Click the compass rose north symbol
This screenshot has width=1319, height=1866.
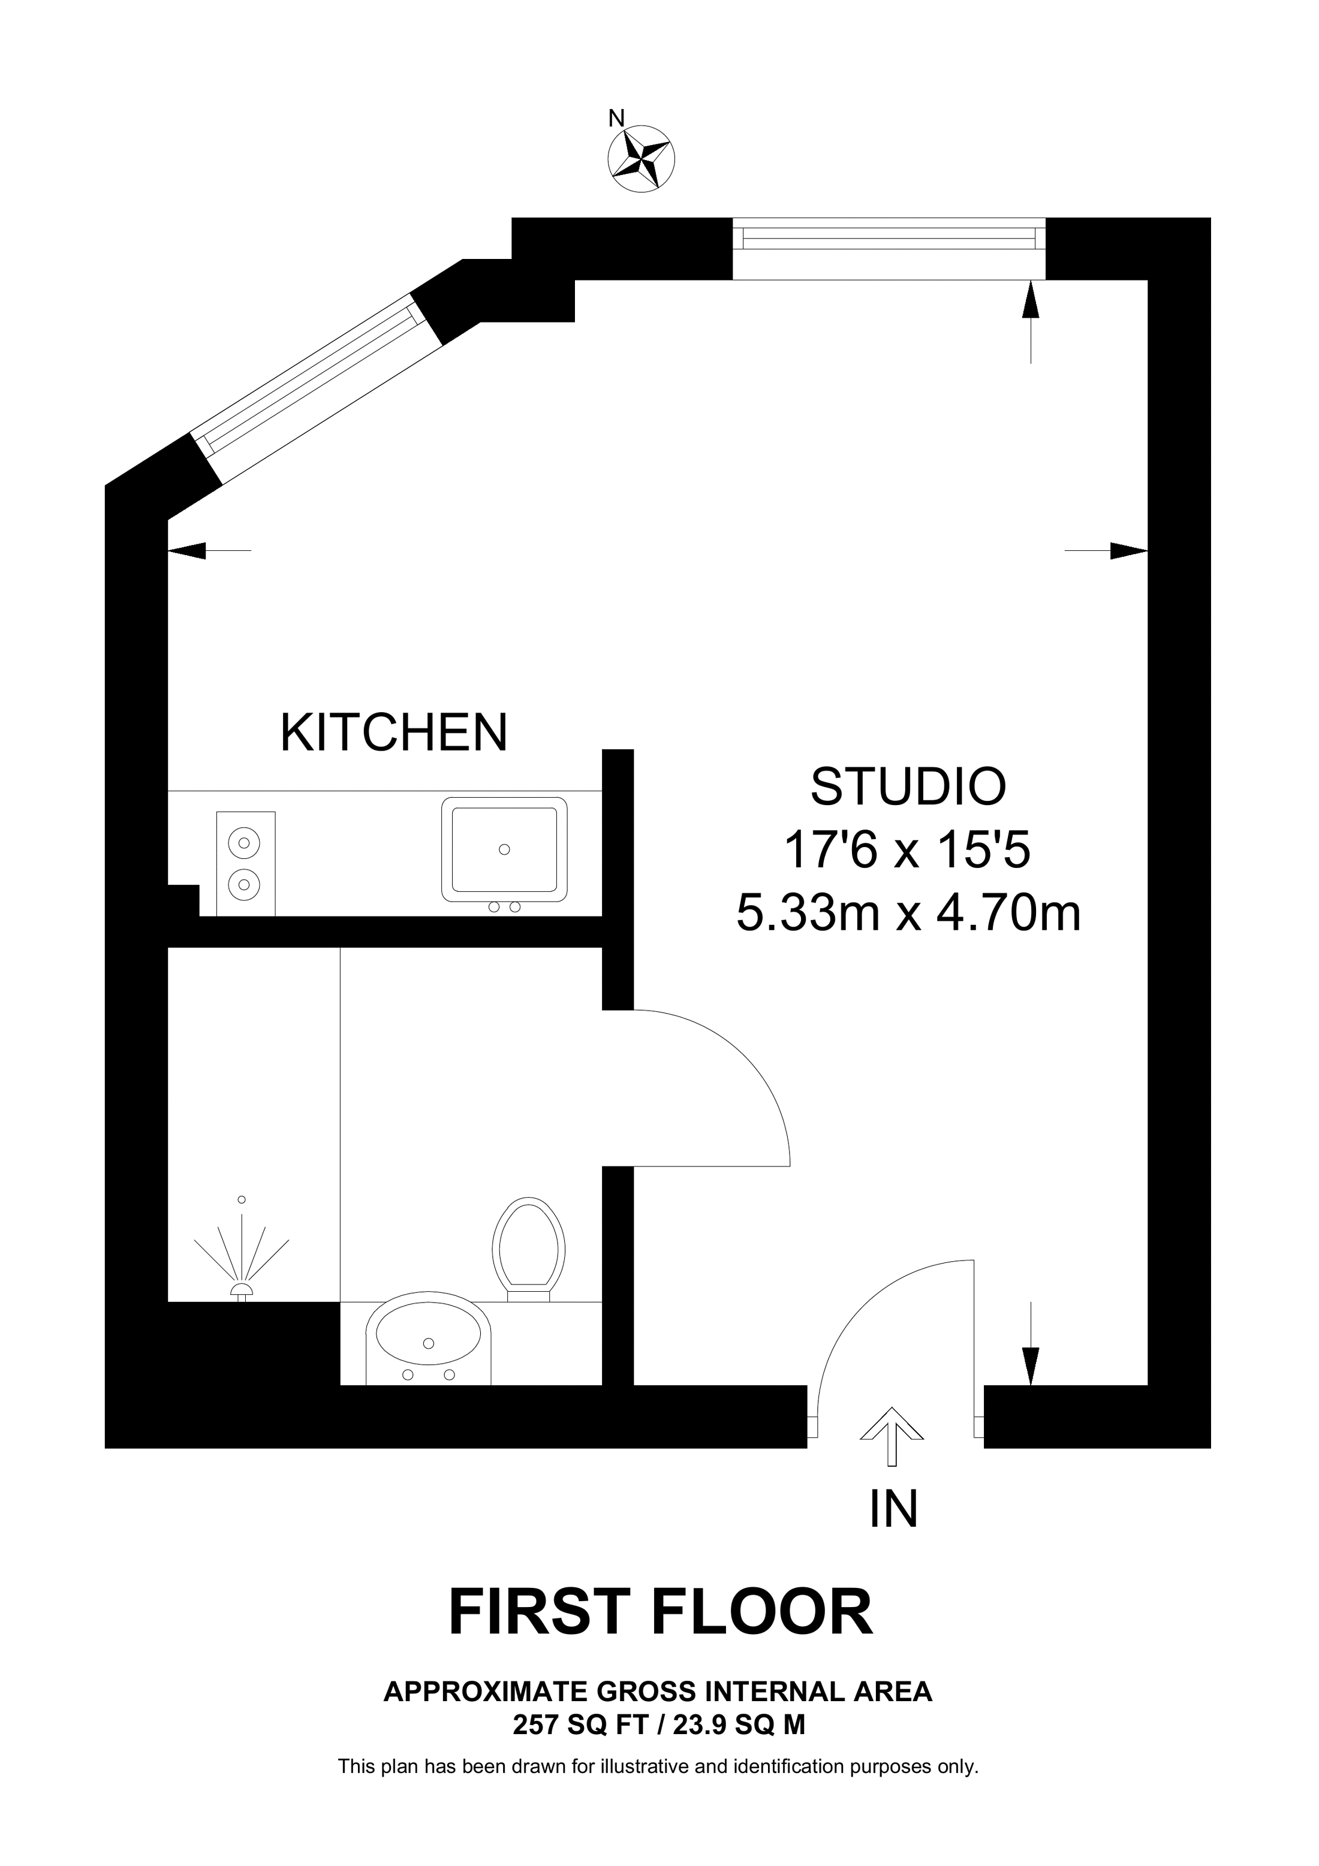[642, 158]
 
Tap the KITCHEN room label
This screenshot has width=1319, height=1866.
[393, 732]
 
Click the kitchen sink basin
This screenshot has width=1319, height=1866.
[504, 850]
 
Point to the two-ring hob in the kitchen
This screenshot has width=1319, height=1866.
[245, 863]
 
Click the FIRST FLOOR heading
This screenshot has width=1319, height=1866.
[660, 1612]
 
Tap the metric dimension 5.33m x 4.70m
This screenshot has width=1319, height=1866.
[908, 913]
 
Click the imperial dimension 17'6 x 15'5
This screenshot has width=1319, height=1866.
[907, 851]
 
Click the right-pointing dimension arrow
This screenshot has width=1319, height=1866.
[1128, 551]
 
